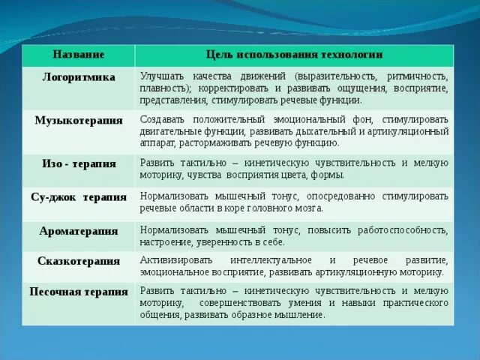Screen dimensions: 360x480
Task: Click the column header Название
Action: click(x=78, y=55)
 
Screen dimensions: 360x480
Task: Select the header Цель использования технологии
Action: click(x=294, y=55)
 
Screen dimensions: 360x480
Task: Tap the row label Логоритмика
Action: click(x=78, y=76)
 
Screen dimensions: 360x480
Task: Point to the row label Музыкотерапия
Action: click(x=78, y=120)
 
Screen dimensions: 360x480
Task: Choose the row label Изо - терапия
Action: click(x=78, y=162)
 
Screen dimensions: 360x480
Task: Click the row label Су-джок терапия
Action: click(x=78, y=196)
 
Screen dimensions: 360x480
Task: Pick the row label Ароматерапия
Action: click(x=78, y=231)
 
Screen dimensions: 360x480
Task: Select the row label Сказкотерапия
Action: click(x=78, y=261)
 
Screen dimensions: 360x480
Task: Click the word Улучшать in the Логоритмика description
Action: click(x=160, y=76)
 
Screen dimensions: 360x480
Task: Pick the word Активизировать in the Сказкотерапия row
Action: click(x=174, y=260)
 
